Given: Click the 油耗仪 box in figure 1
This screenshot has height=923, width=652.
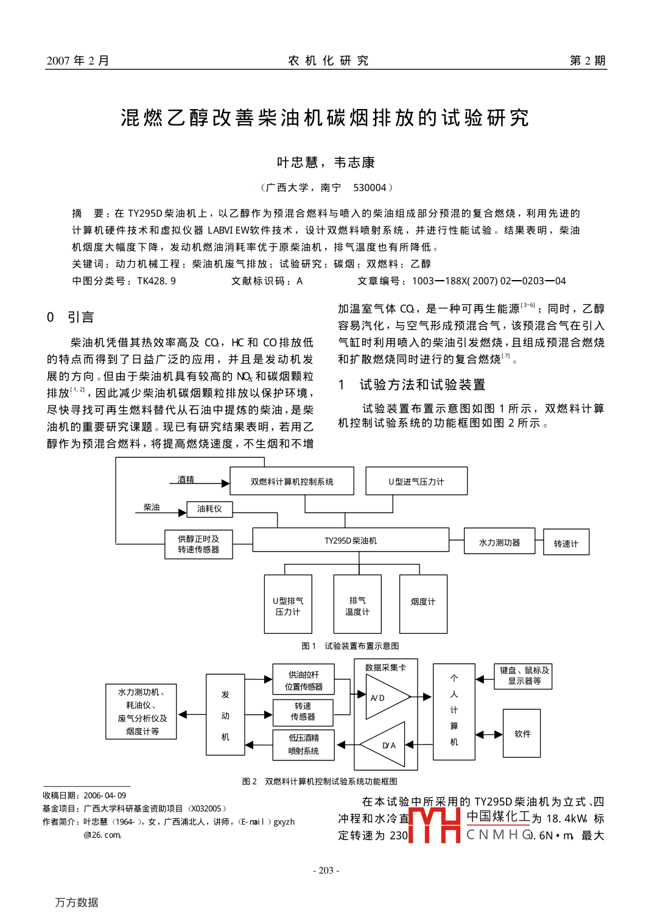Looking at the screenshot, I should coord(209,509).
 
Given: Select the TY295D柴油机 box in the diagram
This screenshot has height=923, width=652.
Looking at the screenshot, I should coord(351,540).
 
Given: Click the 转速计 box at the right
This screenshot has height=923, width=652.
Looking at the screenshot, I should coord(566,543).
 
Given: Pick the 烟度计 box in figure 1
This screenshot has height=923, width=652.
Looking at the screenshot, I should coord(423,603).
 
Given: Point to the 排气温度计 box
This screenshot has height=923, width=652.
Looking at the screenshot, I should coord(357,605).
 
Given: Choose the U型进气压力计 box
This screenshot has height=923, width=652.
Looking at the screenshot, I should coord(416,482).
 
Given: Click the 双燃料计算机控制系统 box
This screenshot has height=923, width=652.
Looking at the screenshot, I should coord(292,482).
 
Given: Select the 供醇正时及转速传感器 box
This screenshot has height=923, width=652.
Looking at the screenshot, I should coord(198,544).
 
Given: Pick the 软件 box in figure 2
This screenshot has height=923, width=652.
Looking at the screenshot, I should coord(522,734).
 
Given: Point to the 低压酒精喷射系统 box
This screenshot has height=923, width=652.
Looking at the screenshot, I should coord(303,745).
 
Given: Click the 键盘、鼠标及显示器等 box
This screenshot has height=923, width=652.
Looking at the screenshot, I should coord(524,676).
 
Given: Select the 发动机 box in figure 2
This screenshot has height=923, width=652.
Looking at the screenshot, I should coord(225,715).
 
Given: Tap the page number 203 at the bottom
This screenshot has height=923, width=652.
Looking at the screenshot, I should coord(326,871).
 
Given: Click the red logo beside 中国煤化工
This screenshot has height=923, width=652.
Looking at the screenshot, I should coord(434,824).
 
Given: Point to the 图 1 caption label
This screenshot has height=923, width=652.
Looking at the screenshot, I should coord(309,646).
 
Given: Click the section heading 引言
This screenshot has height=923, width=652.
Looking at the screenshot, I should coord(80,317).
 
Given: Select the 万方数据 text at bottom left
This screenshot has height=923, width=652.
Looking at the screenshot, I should coord(77,902).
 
